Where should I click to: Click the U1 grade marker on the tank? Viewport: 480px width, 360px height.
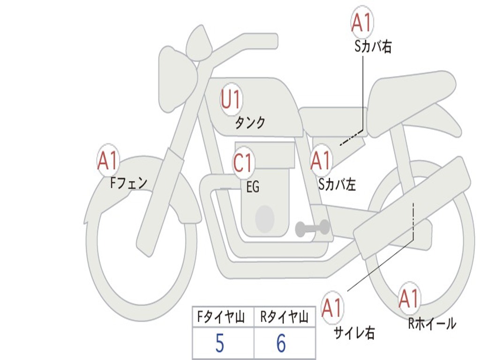pos(231,99)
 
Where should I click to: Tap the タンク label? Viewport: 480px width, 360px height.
pos(250,123)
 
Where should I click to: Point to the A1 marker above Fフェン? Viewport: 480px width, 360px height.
pos(108,161)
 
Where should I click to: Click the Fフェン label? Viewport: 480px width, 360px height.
pos(129,182)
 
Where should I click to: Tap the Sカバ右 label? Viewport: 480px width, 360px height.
pos(373,46)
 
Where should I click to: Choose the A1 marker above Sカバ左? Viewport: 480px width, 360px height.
pos(321,161)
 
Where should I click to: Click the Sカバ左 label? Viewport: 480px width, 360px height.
pos(337,185)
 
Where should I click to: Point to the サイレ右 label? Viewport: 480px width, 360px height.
pos(354,333)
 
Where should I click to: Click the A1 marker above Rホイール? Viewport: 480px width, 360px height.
pos(408,299)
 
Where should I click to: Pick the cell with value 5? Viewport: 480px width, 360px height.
pos(220,344)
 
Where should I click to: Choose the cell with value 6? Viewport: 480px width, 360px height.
pos(281,344)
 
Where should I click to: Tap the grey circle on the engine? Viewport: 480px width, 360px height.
pos(265,218)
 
